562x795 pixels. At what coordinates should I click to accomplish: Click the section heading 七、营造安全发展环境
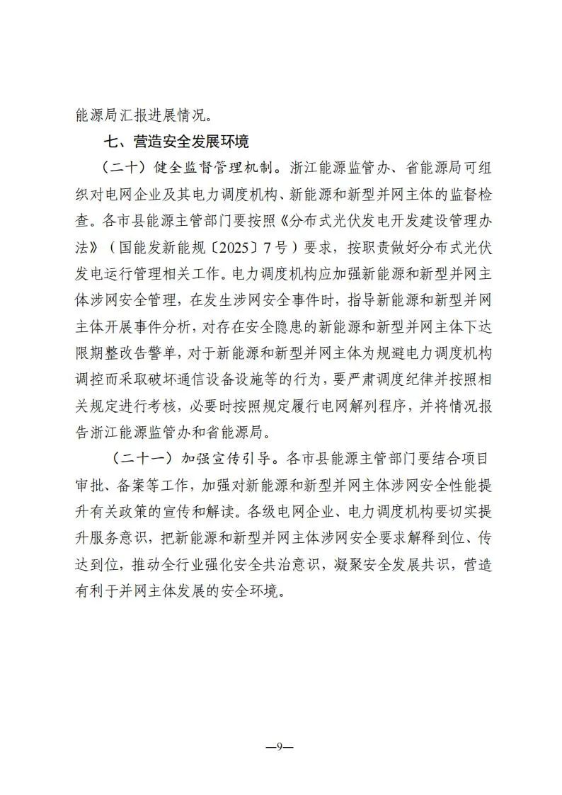[x=176, y=142]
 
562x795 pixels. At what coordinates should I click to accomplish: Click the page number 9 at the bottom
[x=280, y=746]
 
